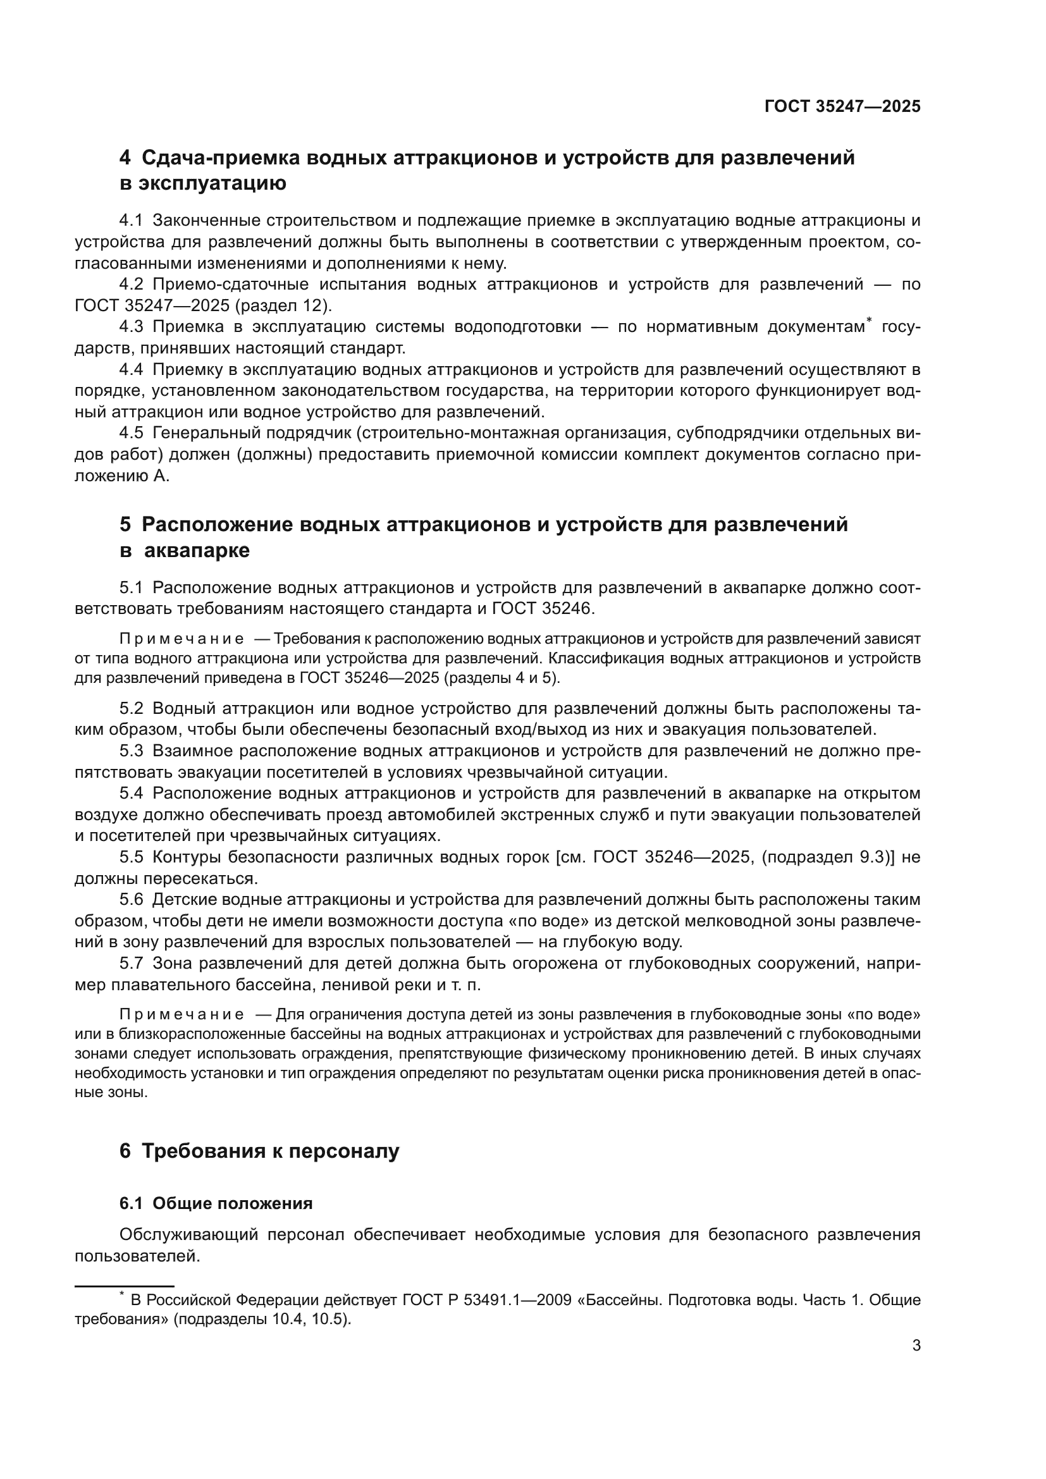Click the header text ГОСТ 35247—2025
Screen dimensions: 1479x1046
842,107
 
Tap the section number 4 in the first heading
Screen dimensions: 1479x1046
125,158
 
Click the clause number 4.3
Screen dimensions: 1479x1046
131,328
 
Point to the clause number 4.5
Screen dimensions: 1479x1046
131,434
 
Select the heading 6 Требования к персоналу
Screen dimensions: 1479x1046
259,1150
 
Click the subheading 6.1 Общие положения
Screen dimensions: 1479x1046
216,1203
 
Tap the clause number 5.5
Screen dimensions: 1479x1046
131,857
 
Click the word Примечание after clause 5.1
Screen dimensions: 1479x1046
182,639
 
